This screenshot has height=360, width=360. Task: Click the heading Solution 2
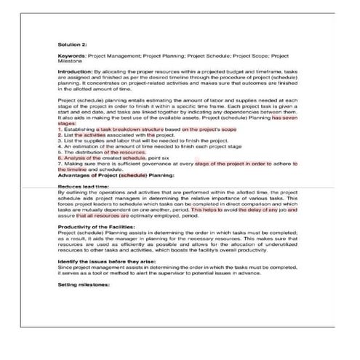click(73, 43)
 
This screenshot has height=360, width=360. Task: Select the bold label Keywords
click(71, 55)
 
